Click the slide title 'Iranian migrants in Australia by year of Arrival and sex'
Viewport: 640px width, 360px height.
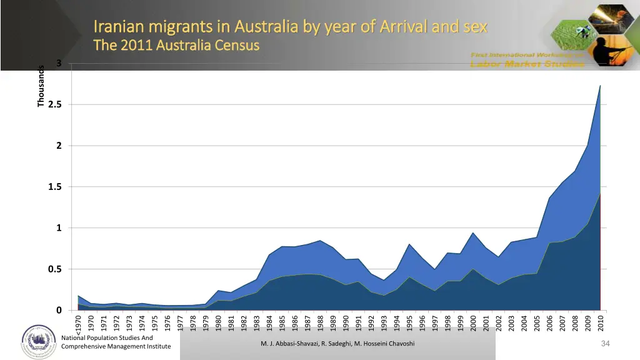[x=290, y=27]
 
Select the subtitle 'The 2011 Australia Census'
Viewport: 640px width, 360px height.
[x=176, y=46]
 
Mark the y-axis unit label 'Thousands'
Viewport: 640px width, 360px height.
[x=41, y=86]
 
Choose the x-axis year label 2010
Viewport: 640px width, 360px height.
[x=600, y=324]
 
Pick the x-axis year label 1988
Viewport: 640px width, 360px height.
[x=320, y=324]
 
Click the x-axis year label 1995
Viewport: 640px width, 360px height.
[x=409, y=324]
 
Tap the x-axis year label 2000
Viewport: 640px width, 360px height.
[x=473, y=324]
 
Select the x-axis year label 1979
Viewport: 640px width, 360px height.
[x=206, y=324]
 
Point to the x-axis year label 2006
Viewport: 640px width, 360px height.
[x=549, y=324]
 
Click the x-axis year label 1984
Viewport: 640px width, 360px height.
[x=269, y=324]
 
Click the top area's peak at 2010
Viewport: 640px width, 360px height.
[x=600, y=86]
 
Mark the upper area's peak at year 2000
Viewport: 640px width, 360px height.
[x=473, y=233]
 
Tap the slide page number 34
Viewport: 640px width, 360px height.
[x=604, y=344]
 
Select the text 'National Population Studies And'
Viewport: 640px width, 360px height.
[x=107, y=338]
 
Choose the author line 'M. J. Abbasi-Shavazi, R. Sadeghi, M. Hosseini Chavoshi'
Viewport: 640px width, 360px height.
[x=337, y=344]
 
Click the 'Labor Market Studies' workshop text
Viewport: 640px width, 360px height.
[x=527, y=63]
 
